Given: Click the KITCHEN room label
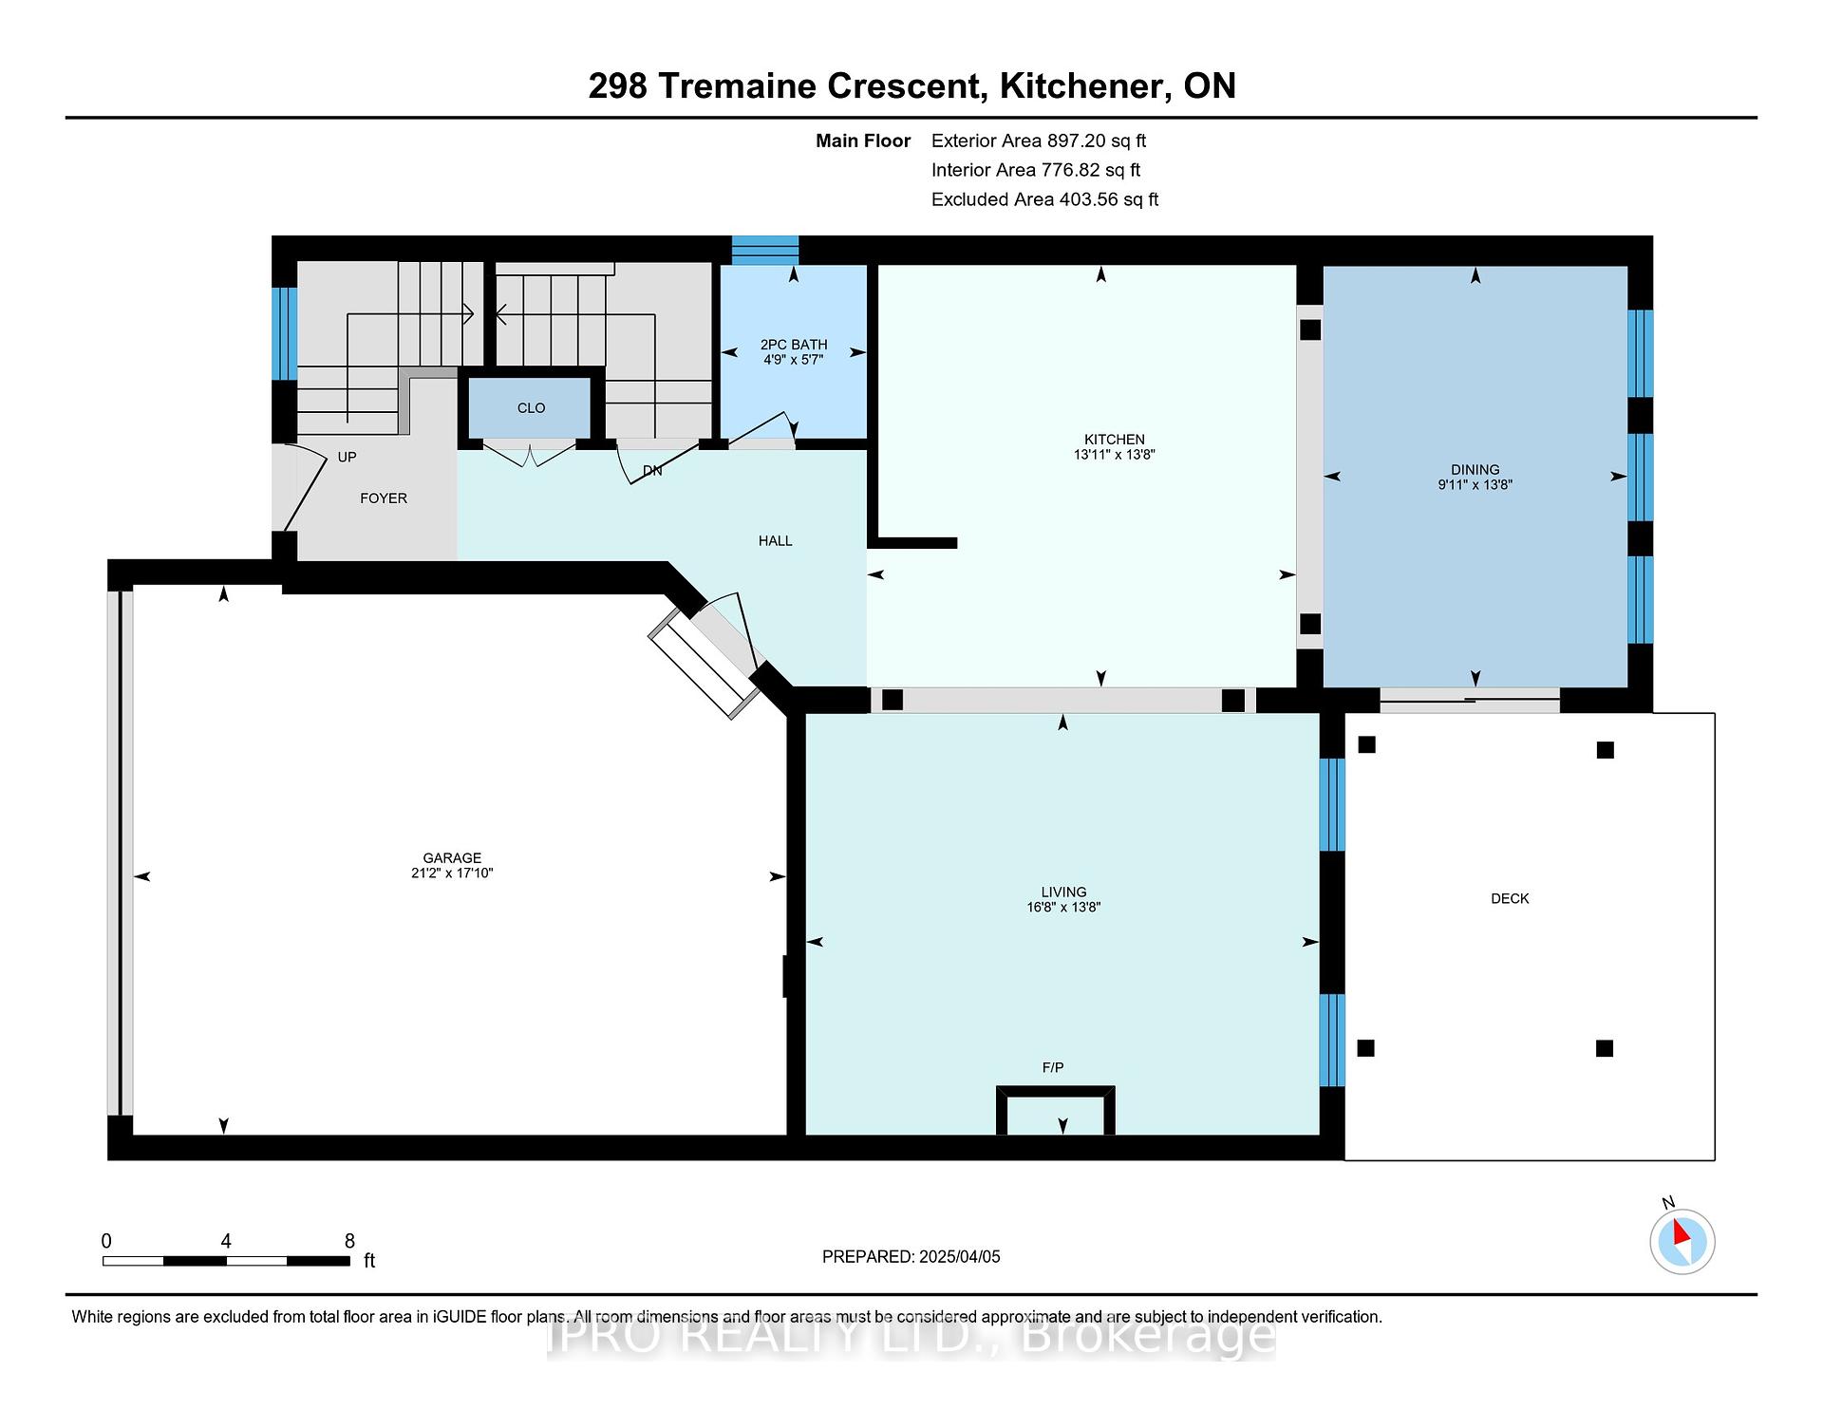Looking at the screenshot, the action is [x=1115, y=440].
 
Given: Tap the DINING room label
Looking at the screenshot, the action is [x=1475, y=470].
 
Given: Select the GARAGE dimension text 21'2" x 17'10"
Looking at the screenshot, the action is [x=452, y=874].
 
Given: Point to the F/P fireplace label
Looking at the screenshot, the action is [x=1053, y=1068].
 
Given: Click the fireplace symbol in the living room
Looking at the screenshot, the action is [x=1055, y=1110].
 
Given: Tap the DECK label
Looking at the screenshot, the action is [x=1510, y=898].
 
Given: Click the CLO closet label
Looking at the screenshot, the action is [x=532, y=408].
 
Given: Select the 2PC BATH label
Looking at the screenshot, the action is [x=794, y=345].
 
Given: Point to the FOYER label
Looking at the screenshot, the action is [x=384, y=498].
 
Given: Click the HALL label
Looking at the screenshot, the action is [x=776, y=541].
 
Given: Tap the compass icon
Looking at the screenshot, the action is [x=1682, y=1241].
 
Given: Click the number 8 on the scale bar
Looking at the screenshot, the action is [x=349, y=1241].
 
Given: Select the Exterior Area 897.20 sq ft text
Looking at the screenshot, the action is [x=1039, y=141].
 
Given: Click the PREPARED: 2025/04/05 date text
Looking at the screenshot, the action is [x=911, y=1257].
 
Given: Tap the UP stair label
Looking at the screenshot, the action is [x=348, y=458].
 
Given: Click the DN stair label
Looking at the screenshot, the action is [x=652, y=471].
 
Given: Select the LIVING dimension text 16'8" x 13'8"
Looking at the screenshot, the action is [x=1062, y=908].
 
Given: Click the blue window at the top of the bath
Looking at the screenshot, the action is [x=765, y=251].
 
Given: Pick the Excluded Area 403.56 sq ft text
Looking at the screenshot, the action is [x=1045, y=200].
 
